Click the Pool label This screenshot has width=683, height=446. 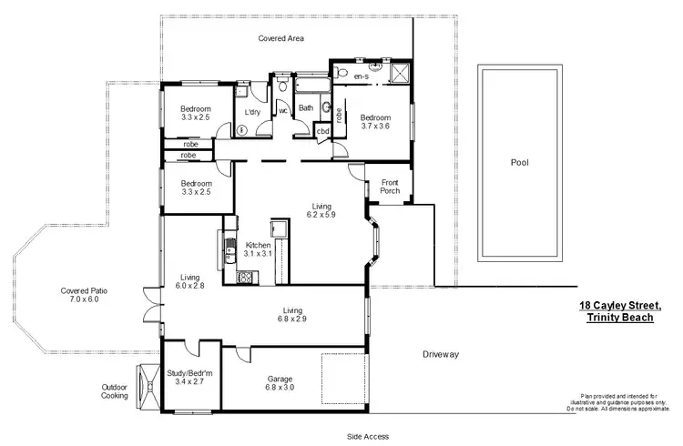point(519,163)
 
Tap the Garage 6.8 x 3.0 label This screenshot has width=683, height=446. point(280,383)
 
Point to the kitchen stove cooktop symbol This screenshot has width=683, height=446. point(244,278)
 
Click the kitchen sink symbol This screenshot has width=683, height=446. point(221,244)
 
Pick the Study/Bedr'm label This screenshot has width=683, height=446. point(189,378)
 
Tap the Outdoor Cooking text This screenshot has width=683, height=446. point(115,390)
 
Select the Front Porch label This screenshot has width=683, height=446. point(390,186)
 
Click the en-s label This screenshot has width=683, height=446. point(362,76)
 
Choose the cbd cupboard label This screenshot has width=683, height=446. point(322,131)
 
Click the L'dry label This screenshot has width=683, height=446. point(252,113)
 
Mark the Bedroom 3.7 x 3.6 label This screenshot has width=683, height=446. point(374,123)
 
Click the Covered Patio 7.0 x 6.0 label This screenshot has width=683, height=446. point(85,295)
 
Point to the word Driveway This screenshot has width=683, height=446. point(440,353)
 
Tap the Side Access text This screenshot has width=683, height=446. point(367,436)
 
